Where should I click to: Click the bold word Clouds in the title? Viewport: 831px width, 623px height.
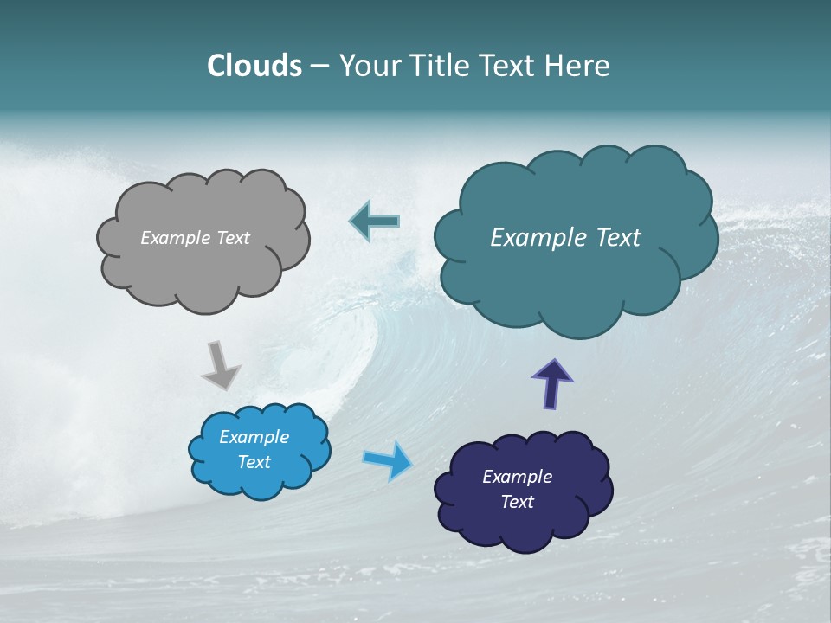point(254,66)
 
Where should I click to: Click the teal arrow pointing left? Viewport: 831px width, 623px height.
point(375,222)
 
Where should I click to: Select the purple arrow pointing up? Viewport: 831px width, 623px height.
point(552,383)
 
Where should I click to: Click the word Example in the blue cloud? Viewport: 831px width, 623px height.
point(254,437)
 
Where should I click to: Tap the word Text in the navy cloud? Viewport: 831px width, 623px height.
point(517,502)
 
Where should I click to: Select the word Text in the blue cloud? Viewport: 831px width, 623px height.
point(254,462)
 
